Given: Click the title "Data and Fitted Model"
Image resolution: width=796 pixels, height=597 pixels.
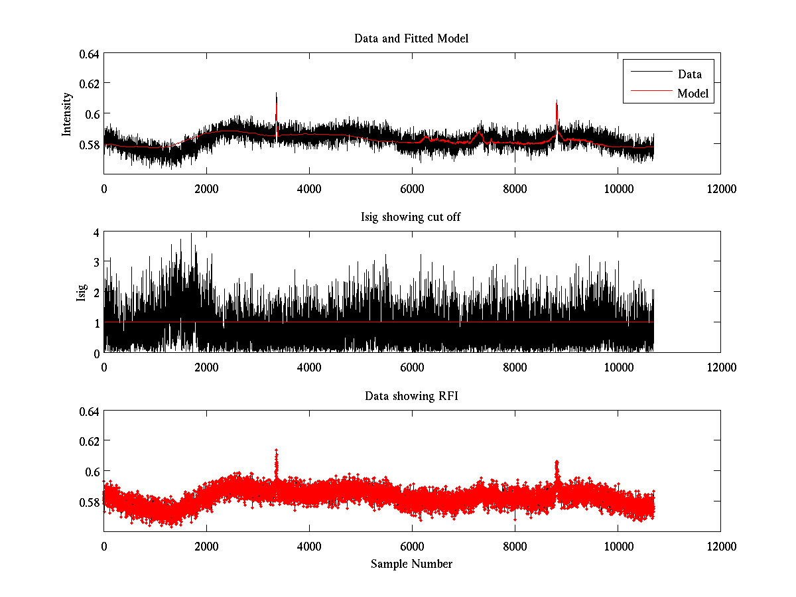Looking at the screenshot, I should (x=411, y=38).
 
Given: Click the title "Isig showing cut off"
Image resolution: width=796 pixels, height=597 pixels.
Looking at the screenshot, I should (x=411, y=218).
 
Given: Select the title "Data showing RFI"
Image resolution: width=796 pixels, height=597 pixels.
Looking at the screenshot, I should (x=411, y=396).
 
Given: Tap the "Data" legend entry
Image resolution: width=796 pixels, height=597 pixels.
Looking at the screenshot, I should (x=689, y=74).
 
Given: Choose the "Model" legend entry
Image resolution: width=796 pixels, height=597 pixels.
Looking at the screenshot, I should (x=693, y=94).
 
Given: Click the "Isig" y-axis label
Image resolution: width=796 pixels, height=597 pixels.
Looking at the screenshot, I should (x=82, y=293).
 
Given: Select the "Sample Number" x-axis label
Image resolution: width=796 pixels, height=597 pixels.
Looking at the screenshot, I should (x=411, y=564).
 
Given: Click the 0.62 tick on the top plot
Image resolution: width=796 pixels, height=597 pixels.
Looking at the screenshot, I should (x=90, y=84).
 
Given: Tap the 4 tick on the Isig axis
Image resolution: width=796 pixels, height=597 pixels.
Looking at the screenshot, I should (x=96, y=233).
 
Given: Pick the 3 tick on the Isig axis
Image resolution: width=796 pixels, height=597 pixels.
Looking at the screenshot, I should (x=96, y=263).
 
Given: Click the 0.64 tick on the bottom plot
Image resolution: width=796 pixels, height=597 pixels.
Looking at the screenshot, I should (x=90, y=411).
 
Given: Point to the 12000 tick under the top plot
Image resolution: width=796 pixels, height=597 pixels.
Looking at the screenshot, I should (x=720, y=189).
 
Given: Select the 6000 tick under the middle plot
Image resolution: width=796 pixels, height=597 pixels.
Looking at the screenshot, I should (x=412, y=367).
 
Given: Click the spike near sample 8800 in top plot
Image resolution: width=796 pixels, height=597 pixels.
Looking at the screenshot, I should (x=557, y=102).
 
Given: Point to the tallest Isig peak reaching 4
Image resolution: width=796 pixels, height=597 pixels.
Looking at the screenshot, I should (x=192, y=234).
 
